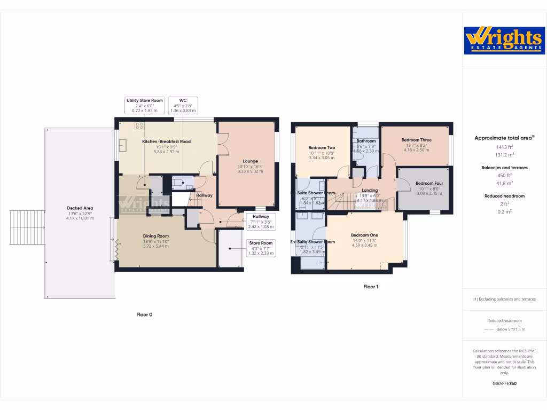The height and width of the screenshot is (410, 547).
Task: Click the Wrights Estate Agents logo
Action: (504, 41)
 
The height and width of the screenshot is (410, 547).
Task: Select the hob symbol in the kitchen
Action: (140, 126)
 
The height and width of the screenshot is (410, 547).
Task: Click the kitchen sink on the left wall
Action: (122, 145)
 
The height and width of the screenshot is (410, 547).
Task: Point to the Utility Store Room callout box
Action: (144, 105)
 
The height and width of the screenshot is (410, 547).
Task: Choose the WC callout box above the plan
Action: (183, 105)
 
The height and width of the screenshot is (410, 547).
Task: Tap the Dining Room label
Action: (155, 236)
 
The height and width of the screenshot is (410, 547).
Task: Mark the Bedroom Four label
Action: (429, 183)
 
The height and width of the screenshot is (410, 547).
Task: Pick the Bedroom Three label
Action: (417, 140)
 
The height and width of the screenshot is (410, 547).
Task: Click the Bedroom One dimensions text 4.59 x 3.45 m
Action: (364, 245)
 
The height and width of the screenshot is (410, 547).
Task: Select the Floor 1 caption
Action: (371, 287)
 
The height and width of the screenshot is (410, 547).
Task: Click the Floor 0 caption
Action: (144, 314)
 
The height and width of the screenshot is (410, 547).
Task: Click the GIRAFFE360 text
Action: (504, 383)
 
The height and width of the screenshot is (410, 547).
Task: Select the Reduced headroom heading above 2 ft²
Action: (504, 196)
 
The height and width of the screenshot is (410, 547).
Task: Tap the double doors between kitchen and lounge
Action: (219, 144)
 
